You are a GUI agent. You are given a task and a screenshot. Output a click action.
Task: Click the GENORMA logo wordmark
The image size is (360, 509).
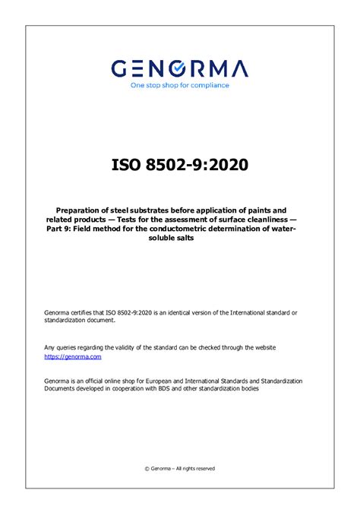coord(179,69)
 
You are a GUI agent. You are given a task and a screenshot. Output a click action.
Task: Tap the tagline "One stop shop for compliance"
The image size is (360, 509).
coord(179,85)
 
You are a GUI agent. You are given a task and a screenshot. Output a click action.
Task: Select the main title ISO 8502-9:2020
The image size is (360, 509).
coord(179,165)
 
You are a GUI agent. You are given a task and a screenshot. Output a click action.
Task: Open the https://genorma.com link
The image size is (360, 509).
coord(72,356)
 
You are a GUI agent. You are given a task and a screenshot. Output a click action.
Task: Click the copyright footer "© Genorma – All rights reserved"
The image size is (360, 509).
coord(180,469)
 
